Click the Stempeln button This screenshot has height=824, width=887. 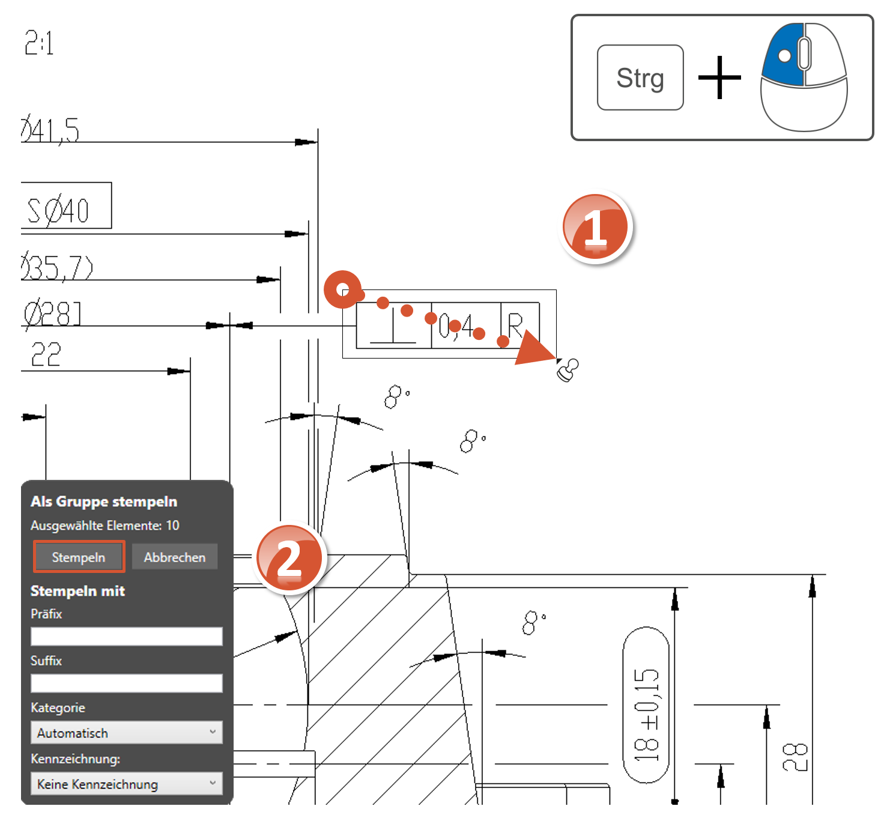79,557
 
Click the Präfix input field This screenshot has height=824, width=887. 126,637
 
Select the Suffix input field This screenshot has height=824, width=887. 126,683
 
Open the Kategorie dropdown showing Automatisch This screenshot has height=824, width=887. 126,733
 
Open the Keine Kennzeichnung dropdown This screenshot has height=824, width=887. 126,784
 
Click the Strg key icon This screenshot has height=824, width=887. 640,77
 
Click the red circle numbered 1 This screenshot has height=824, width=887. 595,228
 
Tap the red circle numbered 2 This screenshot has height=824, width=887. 289,559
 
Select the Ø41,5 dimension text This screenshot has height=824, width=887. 50,130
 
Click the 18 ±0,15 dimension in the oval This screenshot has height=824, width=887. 647,714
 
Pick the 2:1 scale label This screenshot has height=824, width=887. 39,43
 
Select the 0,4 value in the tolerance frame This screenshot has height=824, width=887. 457,326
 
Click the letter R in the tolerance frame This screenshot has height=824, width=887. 515,325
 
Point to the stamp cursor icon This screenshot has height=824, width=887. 568,369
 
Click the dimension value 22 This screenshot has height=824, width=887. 46,354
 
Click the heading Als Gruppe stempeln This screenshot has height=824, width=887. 104,501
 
